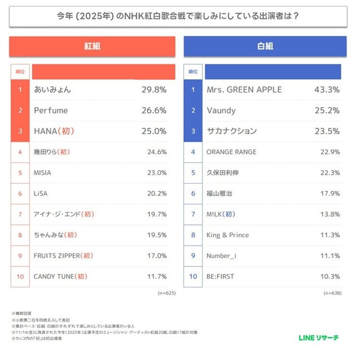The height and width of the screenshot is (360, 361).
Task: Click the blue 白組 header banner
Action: pyautogui.click(x=265, y=47)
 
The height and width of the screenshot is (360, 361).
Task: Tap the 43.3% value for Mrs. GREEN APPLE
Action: pyautogui.click(x=327, y=90)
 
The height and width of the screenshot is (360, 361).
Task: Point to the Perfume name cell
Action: pyautogui.click(x=51, y=110)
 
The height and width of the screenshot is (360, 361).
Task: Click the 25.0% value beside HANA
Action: pyautogui.click(x=154, y=131)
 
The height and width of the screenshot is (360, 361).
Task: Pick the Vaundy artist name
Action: pyautogui.click(x=221, y=110)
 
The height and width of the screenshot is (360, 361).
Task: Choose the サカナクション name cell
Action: pyautogui.click(x=232, y=131)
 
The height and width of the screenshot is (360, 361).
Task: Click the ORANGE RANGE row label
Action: pyautogui.click(x=231, y=152)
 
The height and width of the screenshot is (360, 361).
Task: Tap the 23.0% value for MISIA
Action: pyautogui.click(x=155, y=172)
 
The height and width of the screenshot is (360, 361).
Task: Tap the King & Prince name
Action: pyautogui.click(x=227, y=235)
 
